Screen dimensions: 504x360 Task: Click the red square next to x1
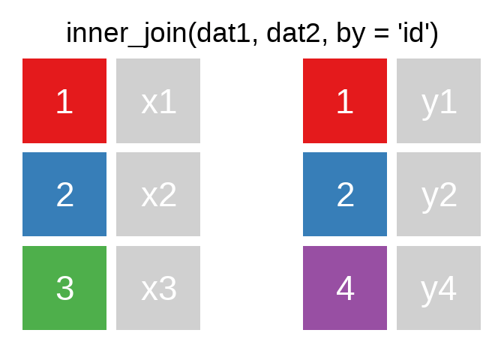[64, 100]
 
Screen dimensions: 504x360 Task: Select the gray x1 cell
[158, 100]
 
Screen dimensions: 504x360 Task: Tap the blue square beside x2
[64, 194]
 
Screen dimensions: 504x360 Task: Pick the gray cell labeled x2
[158, 194]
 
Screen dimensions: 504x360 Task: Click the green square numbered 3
[64, 288]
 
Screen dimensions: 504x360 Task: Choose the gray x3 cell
[158, 288]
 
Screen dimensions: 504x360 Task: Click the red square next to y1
[345, 100]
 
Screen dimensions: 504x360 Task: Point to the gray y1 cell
[439, 100]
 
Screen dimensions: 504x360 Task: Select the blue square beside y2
[345, 194]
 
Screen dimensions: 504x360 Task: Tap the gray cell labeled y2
[439, 194]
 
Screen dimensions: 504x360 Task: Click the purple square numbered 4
[345, 288]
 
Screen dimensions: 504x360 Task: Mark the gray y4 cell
[439, 288]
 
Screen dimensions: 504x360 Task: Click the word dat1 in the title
[223, 34]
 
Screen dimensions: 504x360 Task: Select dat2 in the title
[294, 34]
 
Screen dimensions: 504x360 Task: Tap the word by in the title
[351, 34]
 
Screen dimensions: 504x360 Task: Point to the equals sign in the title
[382, 34]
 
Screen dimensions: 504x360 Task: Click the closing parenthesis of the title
[434, 34]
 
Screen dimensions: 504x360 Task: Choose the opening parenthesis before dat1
[192, 34]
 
